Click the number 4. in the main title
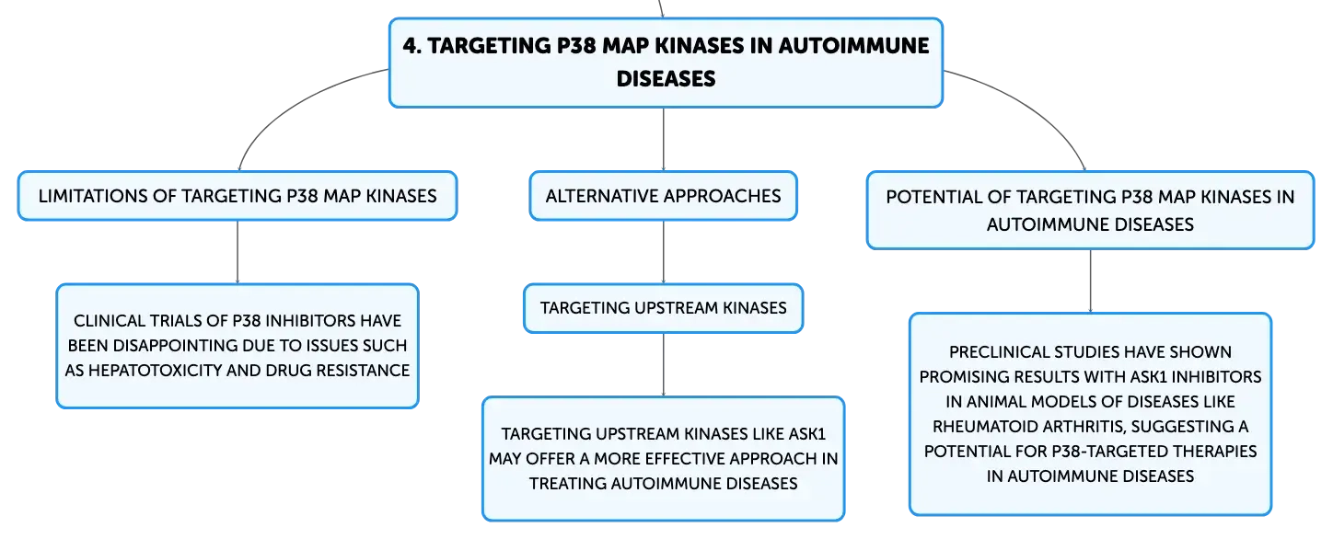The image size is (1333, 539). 411,46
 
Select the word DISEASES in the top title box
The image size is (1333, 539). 666,79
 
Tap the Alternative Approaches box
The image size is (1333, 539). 663,196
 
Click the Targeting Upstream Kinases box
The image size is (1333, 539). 663,308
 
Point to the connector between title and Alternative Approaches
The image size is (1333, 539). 664,140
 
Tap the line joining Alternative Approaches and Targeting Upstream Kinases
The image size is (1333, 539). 664,252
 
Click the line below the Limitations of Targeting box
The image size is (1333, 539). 238,252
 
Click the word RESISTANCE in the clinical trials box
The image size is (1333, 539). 363,371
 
